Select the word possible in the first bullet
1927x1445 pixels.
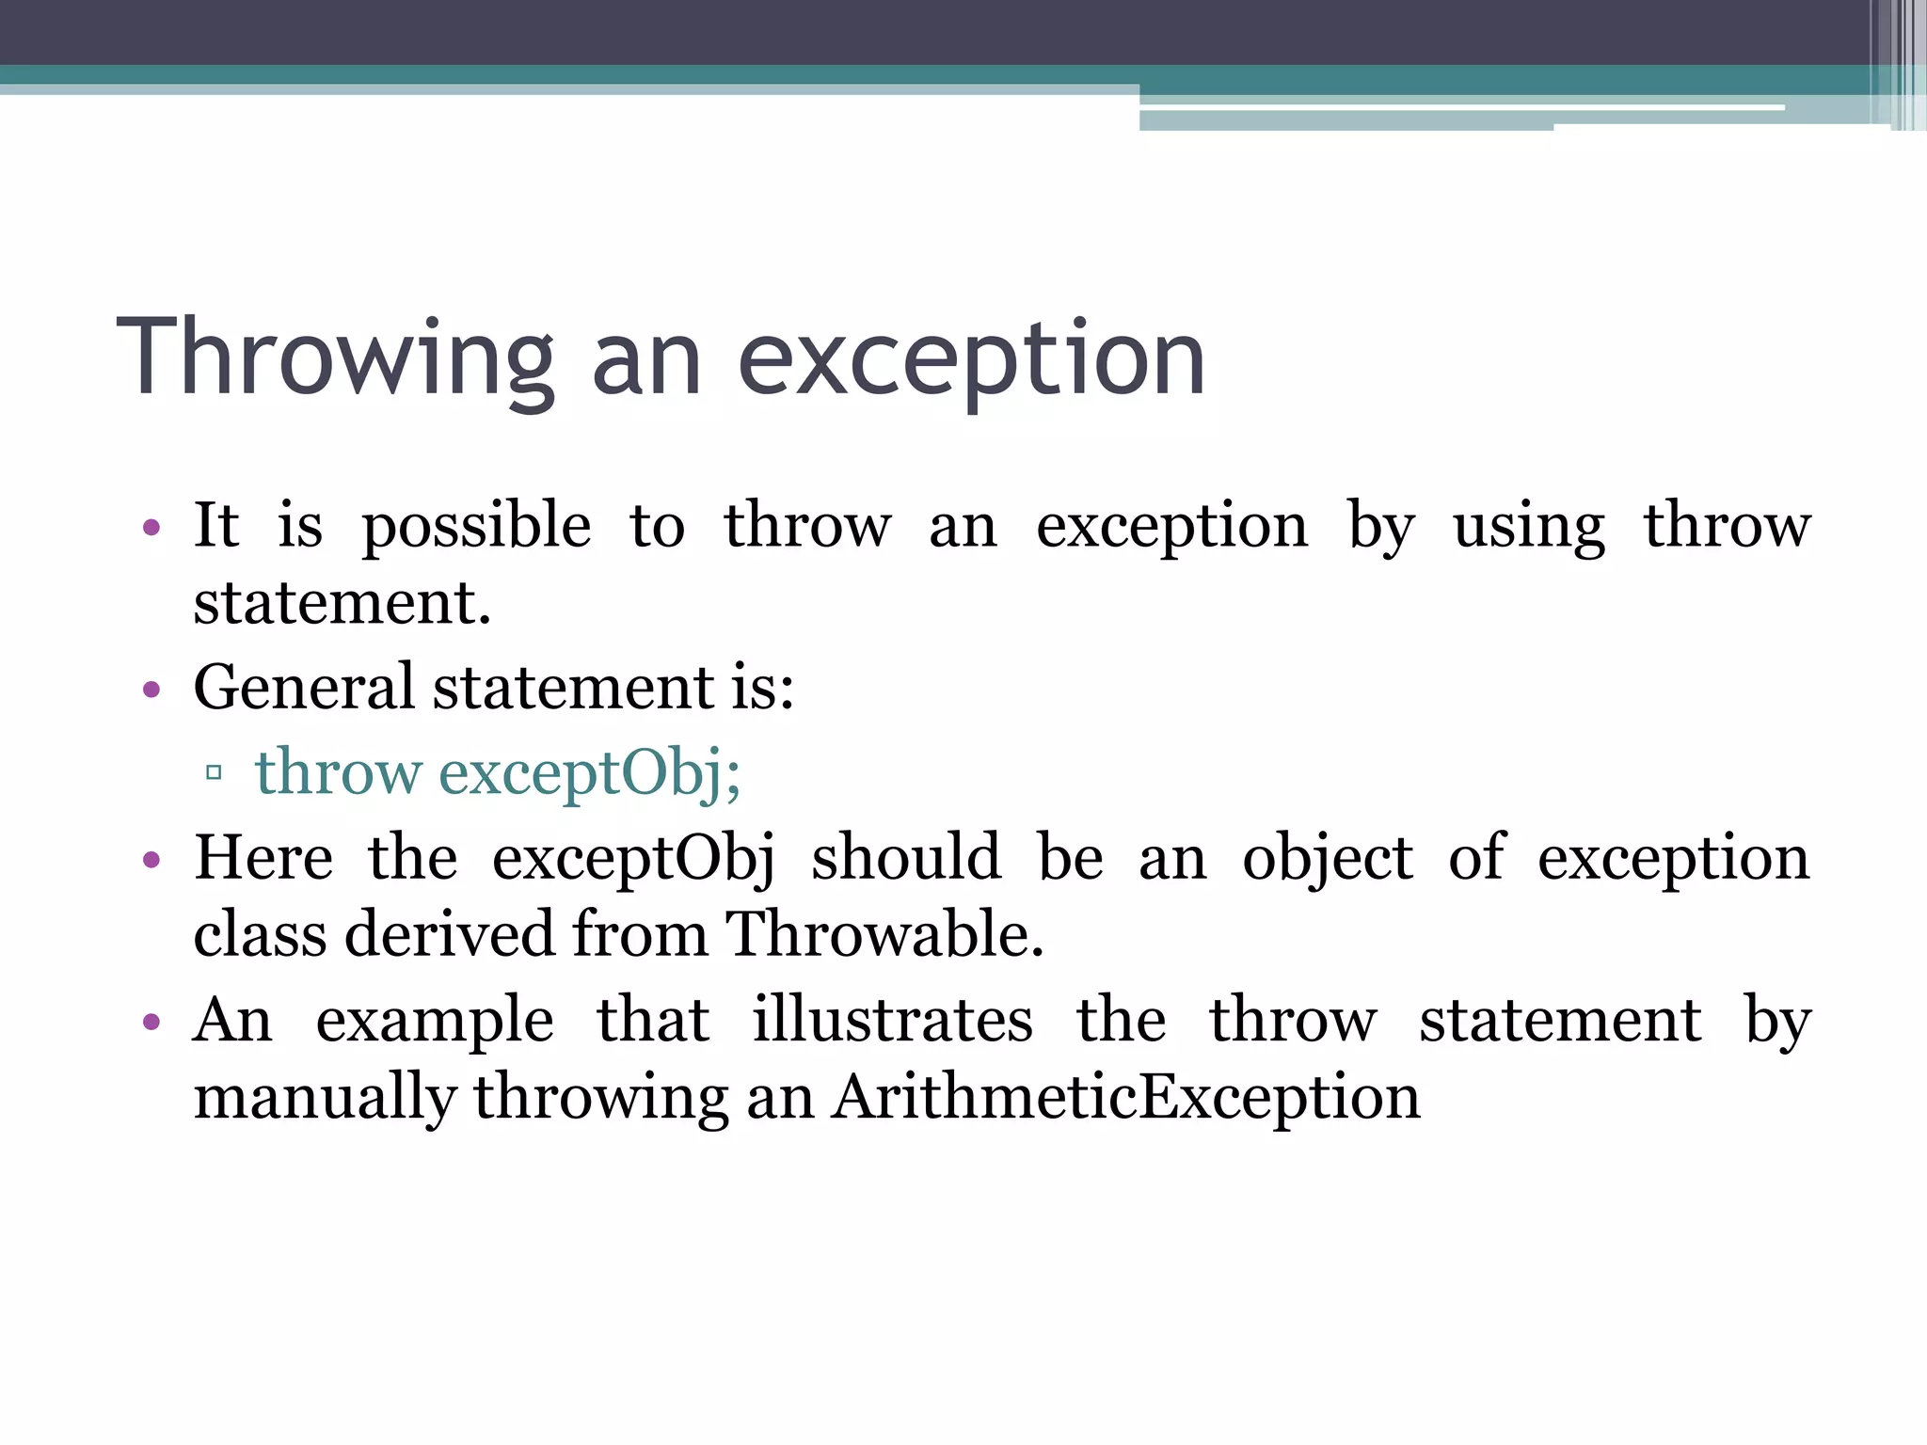coord(476,527)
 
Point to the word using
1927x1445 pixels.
coord(1528,527)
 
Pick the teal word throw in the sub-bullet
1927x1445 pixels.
coord(338,772)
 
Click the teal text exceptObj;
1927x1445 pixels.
coord(590,774)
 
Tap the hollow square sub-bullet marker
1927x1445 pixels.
coord(214,773)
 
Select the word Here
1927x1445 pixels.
coord(263,858)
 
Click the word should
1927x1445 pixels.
coord(906,858)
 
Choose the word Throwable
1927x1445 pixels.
coord(884,935)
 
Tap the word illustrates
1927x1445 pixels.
coord(892,1021)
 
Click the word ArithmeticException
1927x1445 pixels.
coord(1126,1098)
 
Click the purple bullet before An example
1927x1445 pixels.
coord(151,1022)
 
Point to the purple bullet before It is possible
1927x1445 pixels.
coord(151,528)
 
